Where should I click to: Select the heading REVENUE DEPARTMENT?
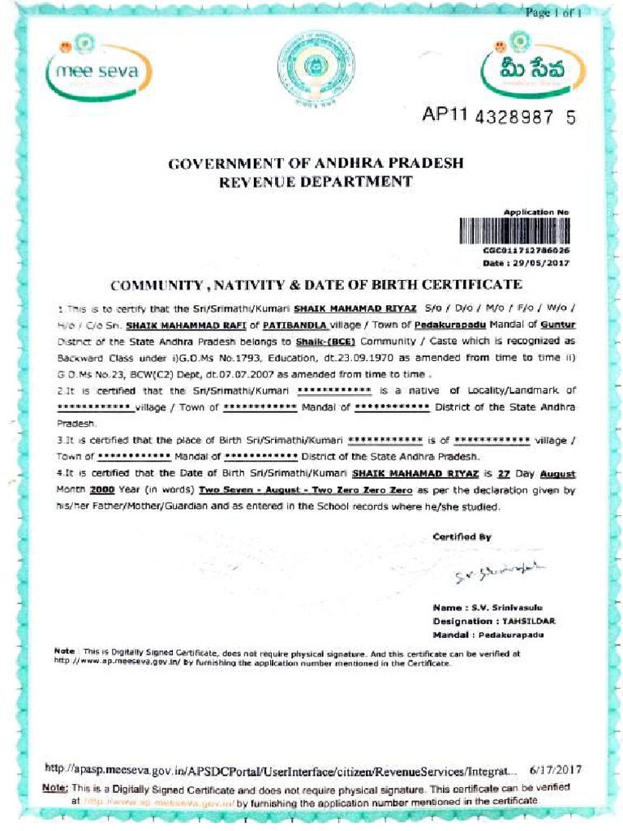pyautogui.click(x=316, y=182)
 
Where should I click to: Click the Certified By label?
pyautogui.click(x=462, y=536)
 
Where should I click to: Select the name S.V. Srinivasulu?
pyautogui.click(x=506, y=607)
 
